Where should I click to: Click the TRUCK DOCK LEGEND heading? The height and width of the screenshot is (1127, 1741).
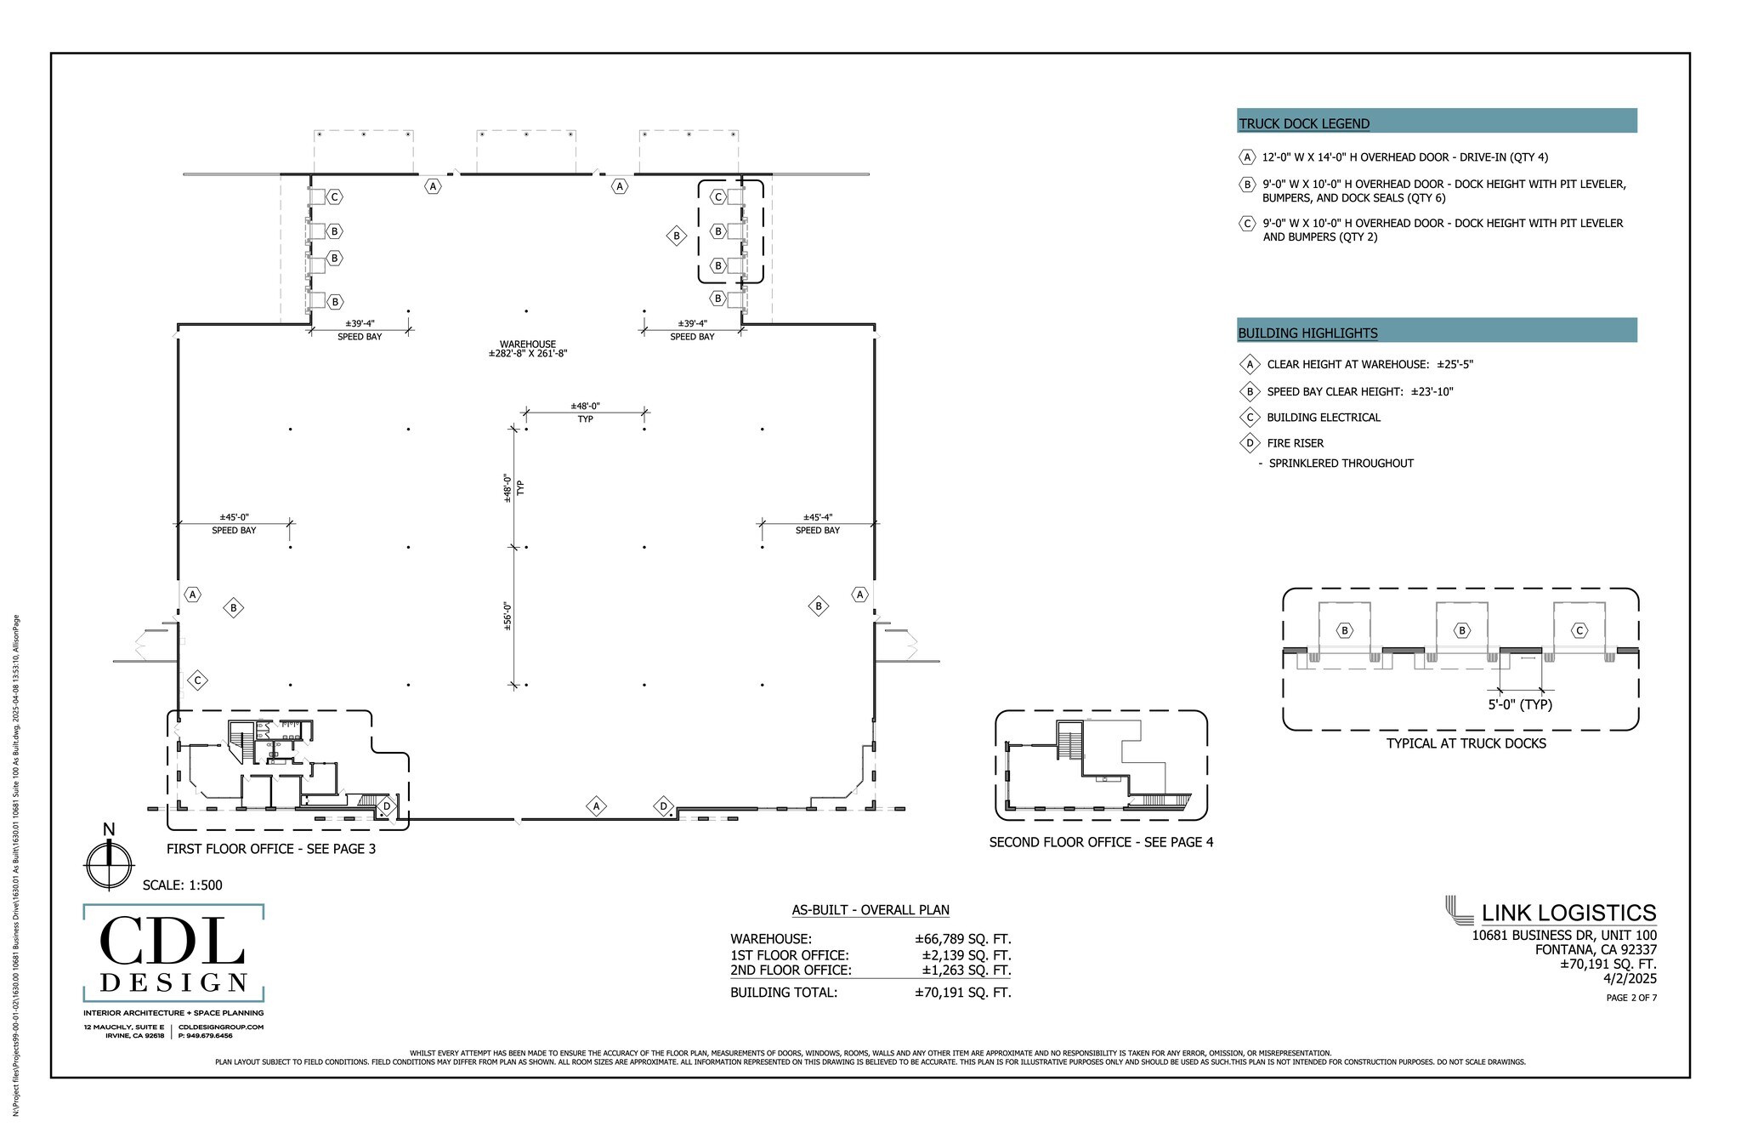1304,123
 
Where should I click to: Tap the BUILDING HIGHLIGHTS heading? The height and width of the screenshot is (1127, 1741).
1307,333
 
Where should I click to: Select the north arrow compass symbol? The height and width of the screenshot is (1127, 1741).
109,864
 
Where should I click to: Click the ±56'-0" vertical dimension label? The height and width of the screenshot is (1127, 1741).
508,616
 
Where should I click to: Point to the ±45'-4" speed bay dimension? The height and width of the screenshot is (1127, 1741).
817,517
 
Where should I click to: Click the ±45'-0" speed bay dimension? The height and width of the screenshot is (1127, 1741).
234,517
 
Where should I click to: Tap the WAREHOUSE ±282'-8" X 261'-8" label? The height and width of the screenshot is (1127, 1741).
527,349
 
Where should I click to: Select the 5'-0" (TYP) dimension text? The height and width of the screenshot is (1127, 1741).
1519,704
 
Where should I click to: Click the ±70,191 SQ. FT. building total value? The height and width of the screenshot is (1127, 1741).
962,993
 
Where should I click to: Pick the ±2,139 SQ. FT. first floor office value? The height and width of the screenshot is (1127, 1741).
966,955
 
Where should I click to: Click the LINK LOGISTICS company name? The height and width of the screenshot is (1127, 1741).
1568,914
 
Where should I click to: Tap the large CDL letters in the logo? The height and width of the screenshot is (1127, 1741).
173,942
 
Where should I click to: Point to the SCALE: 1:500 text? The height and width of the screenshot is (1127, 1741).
182,885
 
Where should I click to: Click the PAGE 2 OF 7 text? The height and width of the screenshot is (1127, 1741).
1630,998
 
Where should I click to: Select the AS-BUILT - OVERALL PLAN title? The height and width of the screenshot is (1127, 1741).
870,910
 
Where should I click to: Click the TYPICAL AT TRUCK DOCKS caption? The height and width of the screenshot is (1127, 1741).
1466,743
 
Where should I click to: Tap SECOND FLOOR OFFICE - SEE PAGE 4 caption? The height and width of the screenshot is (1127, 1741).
1101,842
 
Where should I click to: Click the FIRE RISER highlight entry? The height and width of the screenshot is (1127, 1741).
1295,443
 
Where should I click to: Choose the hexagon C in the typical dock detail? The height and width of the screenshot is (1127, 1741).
1579,631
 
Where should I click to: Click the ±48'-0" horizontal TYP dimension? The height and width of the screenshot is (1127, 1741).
585,407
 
